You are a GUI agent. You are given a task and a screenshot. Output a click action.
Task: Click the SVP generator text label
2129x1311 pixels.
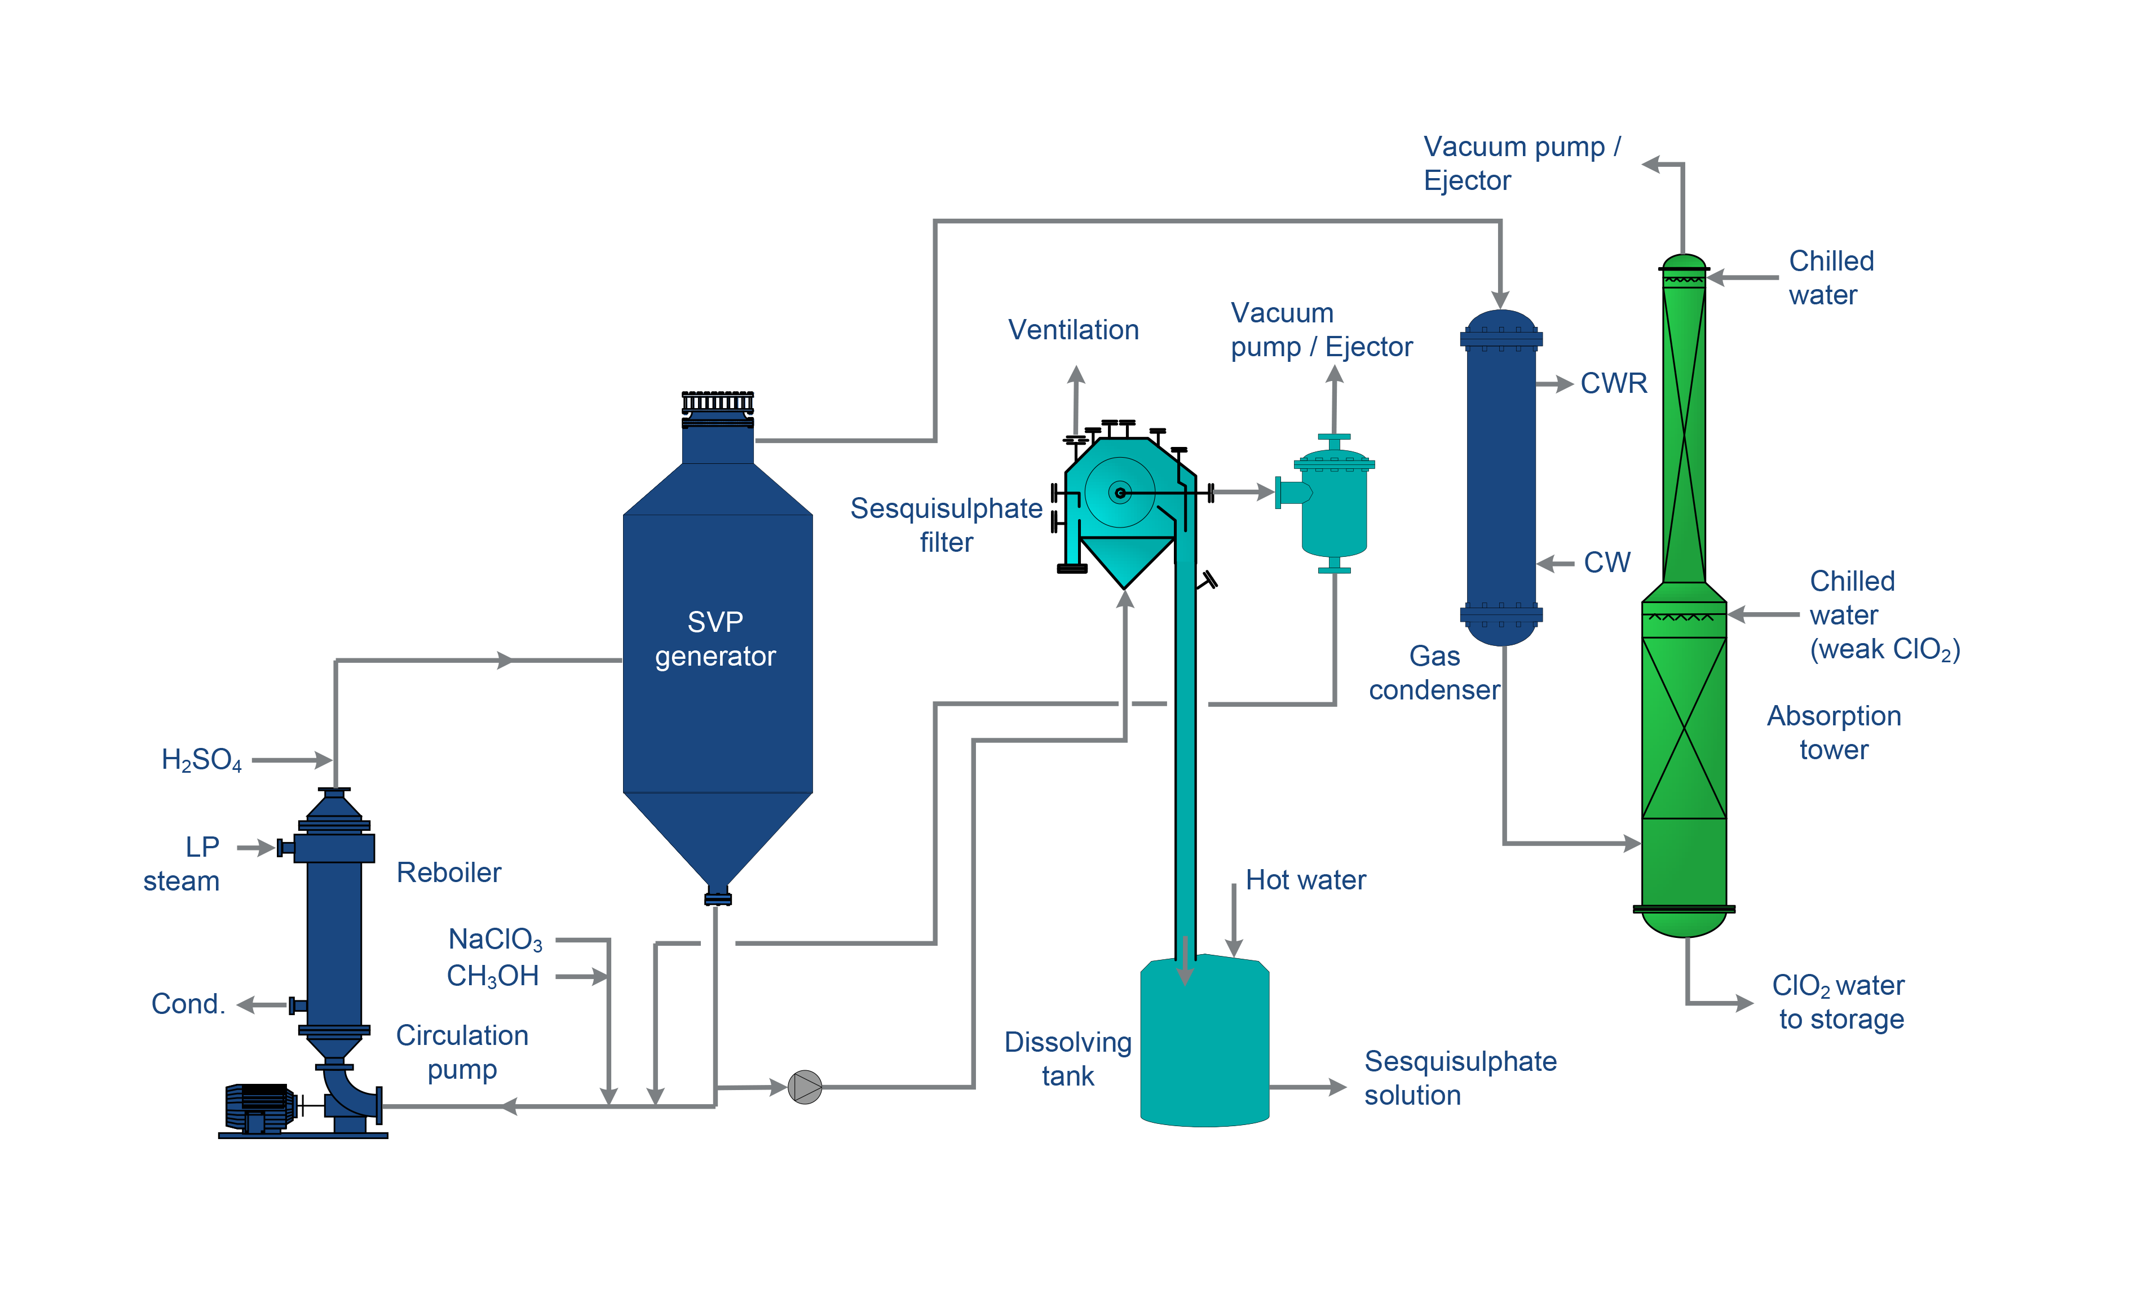(715, 639)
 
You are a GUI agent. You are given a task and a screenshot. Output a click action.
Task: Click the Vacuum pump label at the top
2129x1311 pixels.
(1521, 148)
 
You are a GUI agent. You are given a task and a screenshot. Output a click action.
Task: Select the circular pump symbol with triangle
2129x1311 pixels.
(805, 1087)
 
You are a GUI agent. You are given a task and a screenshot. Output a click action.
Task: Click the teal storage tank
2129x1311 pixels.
(1204, 1040)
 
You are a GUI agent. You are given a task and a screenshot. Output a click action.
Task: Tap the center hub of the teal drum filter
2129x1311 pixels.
(1120, 493)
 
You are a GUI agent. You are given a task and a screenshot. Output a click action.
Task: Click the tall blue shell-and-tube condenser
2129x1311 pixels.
(1501, 477)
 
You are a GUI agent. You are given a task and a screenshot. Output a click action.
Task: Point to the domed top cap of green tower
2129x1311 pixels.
(1684, 264)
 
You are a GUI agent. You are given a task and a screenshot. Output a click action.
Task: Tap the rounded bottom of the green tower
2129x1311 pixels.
(1684, 923)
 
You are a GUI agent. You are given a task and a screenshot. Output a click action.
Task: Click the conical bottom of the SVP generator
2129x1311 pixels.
(717, 841)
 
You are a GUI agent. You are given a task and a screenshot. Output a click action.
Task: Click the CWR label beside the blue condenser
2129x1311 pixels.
(1613, 389)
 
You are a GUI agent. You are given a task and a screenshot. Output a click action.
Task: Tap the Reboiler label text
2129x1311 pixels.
(449, 876)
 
